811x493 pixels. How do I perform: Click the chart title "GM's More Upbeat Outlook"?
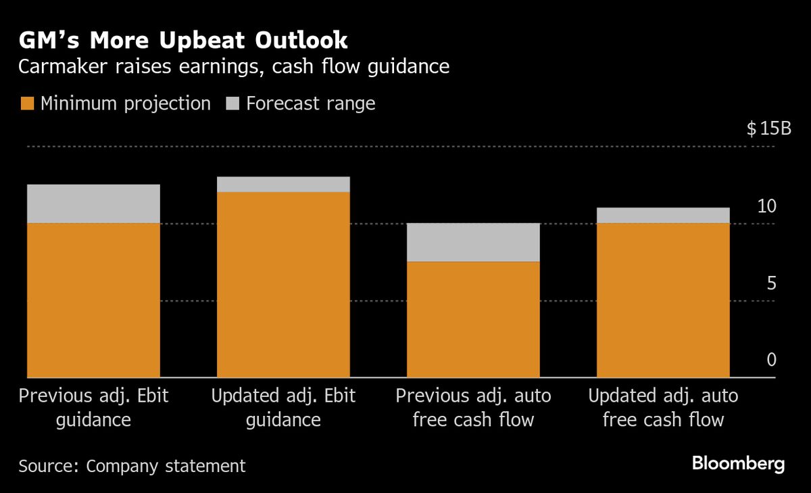182,41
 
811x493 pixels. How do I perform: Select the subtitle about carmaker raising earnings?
234,67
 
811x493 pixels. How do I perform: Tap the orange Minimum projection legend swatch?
27,103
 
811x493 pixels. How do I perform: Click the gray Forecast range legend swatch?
232,103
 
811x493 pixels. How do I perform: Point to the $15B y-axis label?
768,129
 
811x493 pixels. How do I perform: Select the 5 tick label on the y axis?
771,284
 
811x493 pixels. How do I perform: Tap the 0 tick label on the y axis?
771,360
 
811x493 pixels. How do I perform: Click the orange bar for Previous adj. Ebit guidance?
93,300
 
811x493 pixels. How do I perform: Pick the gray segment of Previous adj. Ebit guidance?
93,204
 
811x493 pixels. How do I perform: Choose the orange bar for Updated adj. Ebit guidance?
283,284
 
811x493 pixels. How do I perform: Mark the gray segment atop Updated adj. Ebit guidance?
283,185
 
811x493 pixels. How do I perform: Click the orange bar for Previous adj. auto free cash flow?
473,319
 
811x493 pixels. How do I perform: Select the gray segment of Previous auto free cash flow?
473,242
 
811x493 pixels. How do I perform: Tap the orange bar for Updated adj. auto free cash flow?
663,300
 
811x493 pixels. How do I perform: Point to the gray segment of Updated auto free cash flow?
663,215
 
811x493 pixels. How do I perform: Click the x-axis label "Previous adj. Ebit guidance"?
93,408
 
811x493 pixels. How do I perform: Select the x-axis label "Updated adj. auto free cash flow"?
663,408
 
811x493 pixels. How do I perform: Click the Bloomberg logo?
738,464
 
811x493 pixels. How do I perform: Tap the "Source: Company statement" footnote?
132,466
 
